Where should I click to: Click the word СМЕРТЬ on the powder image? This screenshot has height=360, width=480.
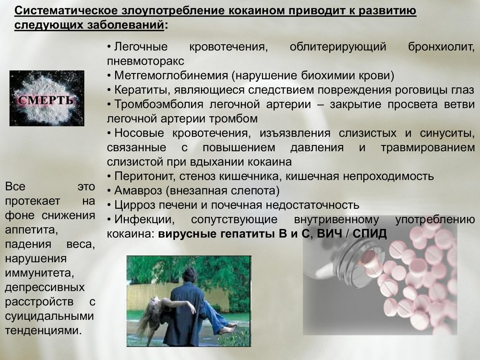(46, 100)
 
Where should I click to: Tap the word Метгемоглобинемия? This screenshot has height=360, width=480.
(171, 75)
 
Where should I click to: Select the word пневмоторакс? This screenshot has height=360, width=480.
(145, 61)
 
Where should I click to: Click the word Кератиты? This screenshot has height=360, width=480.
(143, 90)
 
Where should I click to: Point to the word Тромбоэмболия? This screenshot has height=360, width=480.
(158, 104)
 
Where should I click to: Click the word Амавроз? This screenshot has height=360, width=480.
(138, 191)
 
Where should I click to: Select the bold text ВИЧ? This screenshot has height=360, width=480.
(329, 234)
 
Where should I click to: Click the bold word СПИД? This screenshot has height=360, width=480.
(370, 234)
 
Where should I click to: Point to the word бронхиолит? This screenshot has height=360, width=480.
(441, 47)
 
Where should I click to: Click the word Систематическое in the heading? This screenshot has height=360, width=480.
(66, 11)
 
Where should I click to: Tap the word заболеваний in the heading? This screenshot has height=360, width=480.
(126, 25)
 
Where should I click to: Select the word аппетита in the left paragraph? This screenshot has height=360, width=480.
(31, 230)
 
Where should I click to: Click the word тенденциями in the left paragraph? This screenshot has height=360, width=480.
(43, 331)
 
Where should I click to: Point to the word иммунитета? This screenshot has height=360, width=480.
(39, 273)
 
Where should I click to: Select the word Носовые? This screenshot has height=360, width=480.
(139, 133)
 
